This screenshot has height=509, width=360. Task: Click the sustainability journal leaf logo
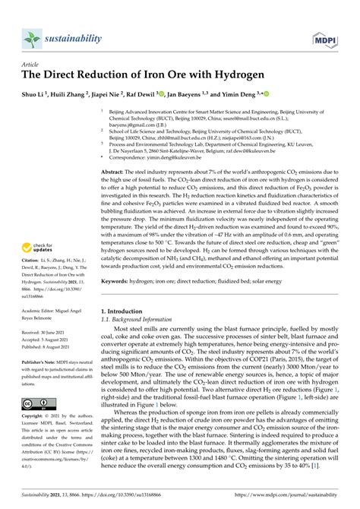[33, 38]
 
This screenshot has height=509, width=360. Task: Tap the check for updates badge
[42, 226]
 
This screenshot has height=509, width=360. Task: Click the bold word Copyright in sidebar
[35, 416]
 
